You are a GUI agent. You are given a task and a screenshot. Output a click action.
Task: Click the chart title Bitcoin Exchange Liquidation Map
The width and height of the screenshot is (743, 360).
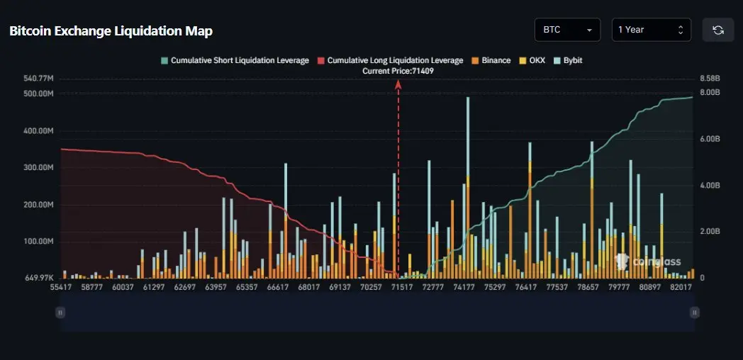[111, 31]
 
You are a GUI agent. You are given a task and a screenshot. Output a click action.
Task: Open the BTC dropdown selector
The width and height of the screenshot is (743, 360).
[567, 30]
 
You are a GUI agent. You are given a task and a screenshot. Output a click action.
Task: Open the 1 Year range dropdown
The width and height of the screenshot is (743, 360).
[651, 30]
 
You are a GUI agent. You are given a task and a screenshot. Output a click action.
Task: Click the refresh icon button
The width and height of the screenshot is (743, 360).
[717, 30]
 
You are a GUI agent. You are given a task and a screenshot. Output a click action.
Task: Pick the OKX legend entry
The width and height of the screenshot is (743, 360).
[533, 60]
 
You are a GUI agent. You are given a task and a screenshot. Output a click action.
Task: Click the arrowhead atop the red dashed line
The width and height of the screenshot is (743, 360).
[398, 84]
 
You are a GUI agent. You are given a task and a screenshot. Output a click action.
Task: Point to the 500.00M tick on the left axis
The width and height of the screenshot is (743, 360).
[38, 94]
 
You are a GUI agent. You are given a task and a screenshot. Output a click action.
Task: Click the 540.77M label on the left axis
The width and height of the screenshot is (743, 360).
[38, 78]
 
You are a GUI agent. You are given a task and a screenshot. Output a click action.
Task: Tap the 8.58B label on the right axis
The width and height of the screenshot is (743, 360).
[710, 78]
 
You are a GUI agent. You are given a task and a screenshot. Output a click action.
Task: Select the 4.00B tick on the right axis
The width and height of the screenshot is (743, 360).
[710, 185]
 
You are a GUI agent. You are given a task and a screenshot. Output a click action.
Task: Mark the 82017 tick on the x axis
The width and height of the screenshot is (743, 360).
[680, 287]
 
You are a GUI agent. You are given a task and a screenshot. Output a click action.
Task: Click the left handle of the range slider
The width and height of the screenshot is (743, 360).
[60, 312]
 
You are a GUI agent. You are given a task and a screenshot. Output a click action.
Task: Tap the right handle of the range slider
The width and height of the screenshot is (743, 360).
[695, 312]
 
